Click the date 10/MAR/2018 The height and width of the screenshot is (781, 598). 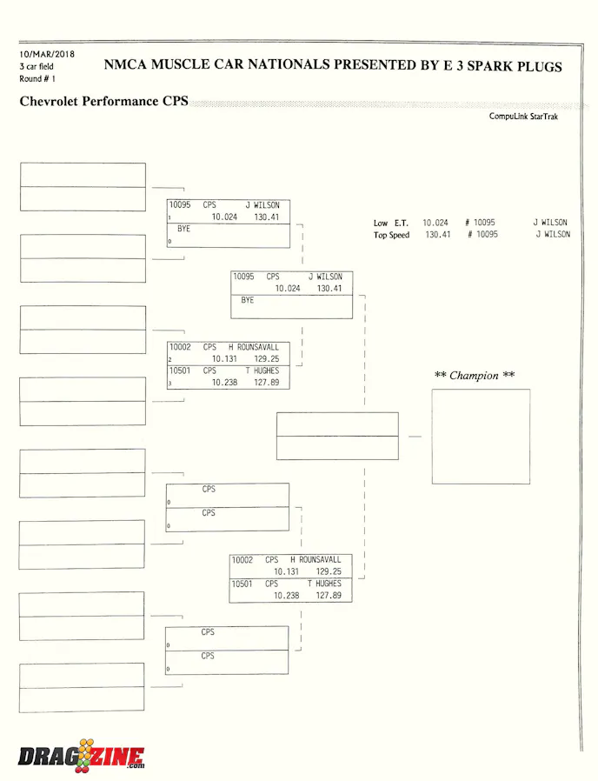coord(47,54)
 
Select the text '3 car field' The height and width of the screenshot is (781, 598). coord(37,66)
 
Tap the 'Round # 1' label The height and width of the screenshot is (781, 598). coord(37,78)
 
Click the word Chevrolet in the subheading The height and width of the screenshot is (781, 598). coord(49,101)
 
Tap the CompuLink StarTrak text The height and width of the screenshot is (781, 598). coord(523,116)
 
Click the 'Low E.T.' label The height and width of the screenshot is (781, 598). coord(391,223)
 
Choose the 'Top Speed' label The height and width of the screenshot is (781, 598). coord(391,235)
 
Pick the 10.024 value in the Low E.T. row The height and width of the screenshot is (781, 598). coord(435,223)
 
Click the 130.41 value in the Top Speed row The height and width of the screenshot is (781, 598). coord(438,234)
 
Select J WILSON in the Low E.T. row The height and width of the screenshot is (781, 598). coord(550,222)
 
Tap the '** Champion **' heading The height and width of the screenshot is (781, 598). coord(474,375)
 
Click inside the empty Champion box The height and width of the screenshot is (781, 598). coord(481,437)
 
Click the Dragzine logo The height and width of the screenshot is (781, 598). coord(81,756)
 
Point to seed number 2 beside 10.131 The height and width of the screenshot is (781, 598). coord(169,359)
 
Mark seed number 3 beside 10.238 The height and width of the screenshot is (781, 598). coord(169,383)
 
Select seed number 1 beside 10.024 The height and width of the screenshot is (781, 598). coord(169,217)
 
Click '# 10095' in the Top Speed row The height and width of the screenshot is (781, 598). coord(482,234)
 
